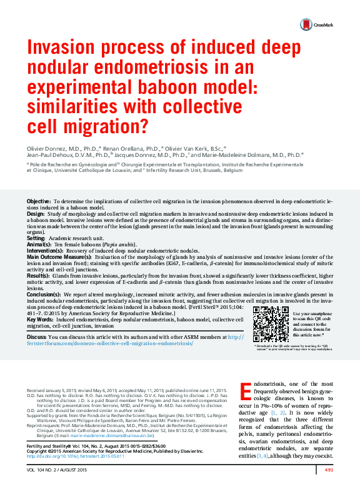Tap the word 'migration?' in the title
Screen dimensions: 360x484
(x=104, y=128)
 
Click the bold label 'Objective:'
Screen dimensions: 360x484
(x=39, y=201)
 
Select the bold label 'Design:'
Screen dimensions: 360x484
(x=36, y=214)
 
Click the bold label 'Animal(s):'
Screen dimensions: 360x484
(x=39, y=245)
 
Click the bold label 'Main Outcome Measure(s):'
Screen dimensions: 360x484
(x=59, y=257)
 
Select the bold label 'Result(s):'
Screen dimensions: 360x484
(x=38, y=275)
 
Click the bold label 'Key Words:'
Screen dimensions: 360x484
(x=41, y=319)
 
